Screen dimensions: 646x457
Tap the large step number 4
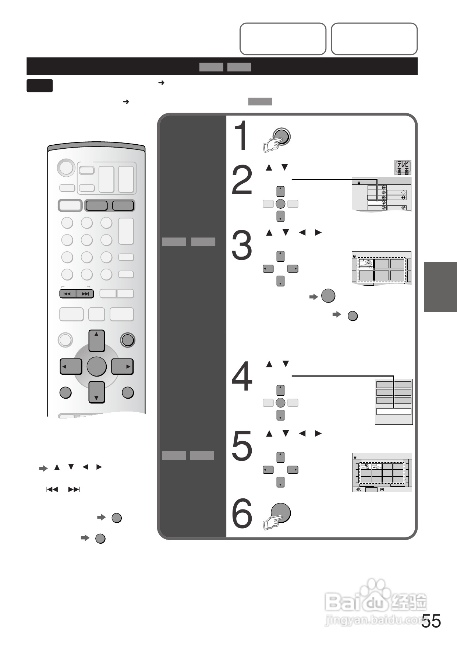pos(242,376)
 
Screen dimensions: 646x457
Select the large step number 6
pos(242,513)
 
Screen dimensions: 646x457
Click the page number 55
pos(431,621)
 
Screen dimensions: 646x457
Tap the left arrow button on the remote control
pos(70,367)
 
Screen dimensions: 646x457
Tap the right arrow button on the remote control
pos(123,367)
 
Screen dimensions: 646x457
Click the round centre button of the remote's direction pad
pos(96,367)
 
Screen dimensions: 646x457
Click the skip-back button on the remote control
pos(67,294)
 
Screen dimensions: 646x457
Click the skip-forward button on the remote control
pos(85,294)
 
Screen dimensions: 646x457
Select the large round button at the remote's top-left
pos(66,168)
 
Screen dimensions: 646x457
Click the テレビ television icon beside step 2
pos(403,167)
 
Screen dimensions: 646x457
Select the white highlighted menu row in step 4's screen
pos(393,412)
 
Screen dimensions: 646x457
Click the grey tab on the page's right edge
pos(440,287)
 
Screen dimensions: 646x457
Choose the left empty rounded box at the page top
pos(283,39)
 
